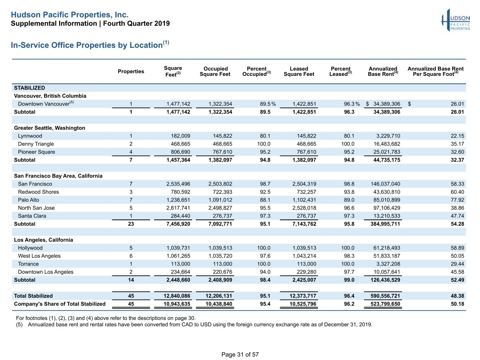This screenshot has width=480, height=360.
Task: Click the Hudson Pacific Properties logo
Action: (x=455, y=20)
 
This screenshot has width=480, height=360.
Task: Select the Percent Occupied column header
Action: (x=256, y=71)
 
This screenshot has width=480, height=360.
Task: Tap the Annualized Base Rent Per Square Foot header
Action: (x=435, y=71)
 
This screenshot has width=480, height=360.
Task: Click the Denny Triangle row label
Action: (x=36, y=144)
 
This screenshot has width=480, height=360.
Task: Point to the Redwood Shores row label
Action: (x=38, y=192)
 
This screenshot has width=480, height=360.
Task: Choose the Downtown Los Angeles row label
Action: (x=46, y=272)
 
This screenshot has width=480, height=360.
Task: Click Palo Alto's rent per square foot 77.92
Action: (x=457, y=200)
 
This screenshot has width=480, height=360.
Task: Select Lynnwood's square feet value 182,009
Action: (x=180, y=136)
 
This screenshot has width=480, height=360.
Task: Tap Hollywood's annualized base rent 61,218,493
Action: (x=386, y=248)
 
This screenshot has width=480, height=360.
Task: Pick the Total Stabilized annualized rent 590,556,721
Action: (x=385, y=296)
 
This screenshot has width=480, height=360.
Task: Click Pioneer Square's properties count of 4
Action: (x=131, y=152)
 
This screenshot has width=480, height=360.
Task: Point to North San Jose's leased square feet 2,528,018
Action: (x=304, y=208)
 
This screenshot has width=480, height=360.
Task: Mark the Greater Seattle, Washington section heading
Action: (x=50, y=128)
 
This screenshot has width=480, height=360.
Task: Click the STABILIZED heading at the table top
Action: (x=30, y=88)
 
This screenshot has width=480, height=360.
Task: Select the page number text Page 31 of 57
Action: (x=240, y=354)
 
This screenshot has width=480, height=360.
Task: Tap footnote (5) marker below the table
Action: (x=19, y=324)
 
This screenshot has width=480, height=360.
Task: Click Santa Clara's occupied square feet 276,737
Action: (x=222, y=216)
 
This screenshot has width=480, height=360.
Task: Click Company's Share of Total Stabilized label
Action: (x=60, y=304)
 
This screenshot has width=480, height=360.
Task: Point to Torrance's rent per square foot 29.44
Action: (x=457, y=264)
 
